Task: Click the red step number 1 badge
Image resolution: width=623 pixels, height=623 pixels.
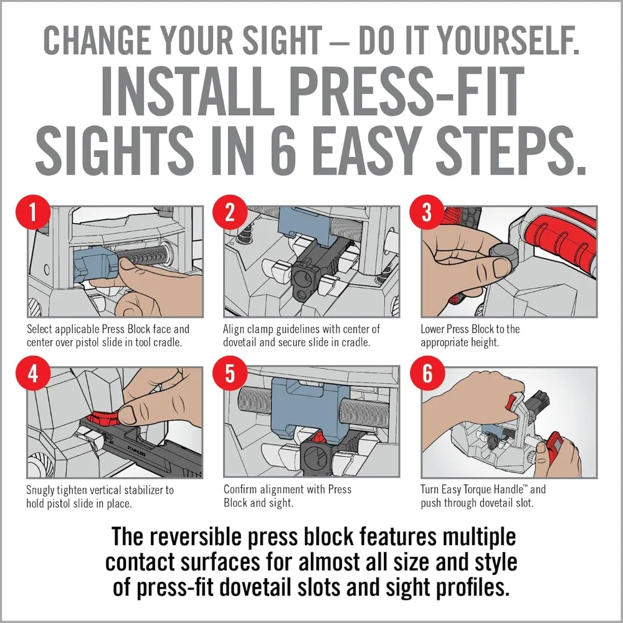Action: click(x=33, y=212)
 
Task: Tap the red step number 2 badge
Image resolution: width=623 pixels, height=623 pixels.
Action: click(x=230, y=212)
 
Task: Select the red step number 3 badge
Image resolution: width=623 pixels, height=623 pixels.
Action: click(x=427, y=212)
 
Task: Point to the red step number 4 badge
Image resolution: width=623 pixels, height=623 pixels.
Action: click(x=33, y=373)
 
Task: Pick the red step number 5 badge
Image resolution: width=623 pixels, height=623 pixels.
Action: click(x=230, y=373)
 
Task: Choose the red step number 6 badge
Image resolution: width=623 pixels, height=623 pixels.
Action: click(x=427, y=373)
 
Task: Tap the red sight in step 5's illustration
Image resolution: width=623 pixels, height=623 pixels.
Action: click(x=318, y=438)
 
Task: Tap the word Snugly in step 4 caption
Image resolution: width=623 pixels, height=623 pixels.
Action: click(x=40, y=490)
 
